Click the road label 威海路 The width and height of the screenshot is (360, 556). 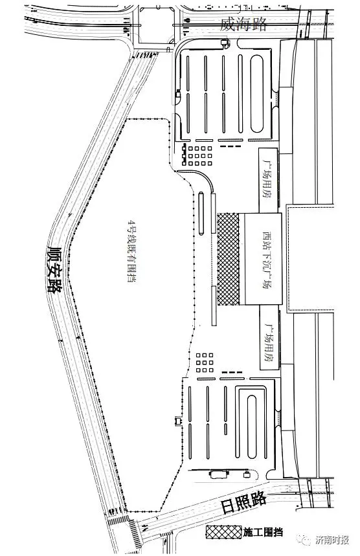pyautogui.click(x=243, y=25)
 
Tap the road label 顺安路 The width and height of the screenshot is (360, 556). pyautogui.click(x=54, y=269)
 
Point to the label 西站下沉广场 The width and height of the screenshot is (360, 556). pyautogui.click(x=267, y=260)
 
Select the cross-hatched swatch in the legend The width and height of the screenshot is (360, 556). pyautogui.click(x=223, y=532)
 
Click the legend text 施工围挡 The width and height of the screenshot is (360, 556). pyautogui.click(x=262, y=532)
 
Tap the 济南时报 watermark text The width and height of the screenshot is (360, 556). pyautogui.click(x=332, y=540)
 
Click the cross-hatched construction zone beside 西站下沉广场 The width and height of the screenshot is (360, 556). pyautogui.click(x=228, y=259)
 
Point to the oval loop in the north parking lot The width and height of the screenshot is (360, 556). pyautogui.click(x=257, y=94)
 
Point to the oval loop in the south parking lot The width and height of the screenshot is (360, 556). pyautogui.click(x=251, y=427)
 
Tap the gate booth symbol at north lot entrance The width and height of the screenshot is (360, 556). pyautogui.click(x=225, y=43)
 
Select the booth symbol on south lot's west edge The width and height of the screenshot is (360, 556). pyautogui.click(x=177, y=421)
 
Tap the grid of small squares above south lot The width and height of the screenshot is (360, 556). pyautogui.click(x=205, y=362)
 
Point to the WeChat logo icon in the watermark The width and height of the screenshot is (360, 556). pyautogui.click(x=306, y=540)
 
